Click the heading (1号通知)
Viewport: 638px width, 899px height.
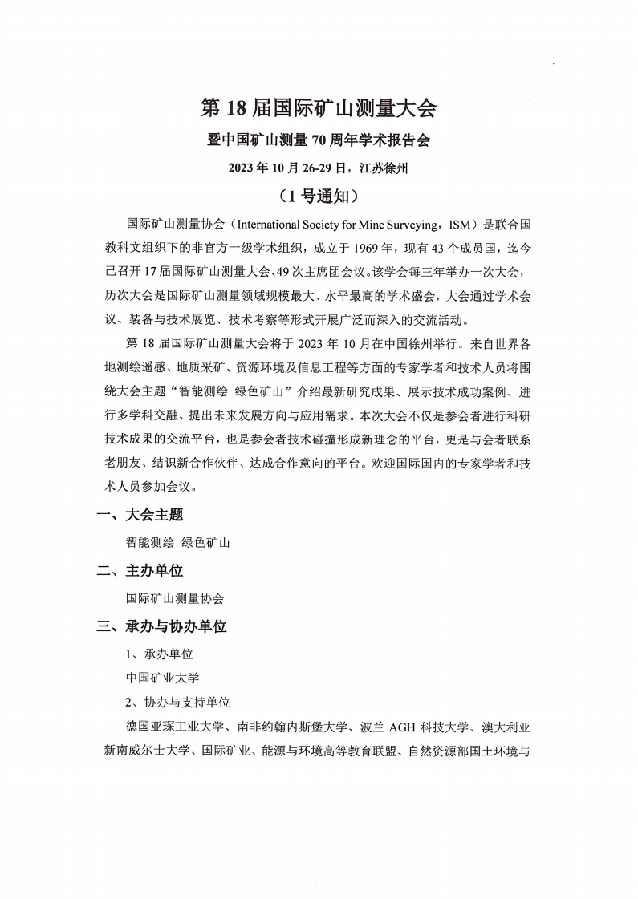pos(319,195)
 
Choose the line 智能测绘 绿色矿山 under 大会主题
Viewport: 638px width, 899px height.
pos(178,542)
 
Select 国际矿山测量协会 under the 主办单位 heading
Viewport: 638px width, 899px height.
pos(175,598)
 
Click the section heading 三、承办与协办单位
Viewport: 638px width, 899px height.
pos(161,626)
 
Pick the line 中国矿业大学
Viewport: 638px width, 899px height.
pos(163,678)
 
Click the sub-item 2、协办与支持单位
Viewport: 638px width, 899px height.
pos(177,702)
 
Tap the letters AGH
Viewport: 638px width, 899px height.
pos(404,727)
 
